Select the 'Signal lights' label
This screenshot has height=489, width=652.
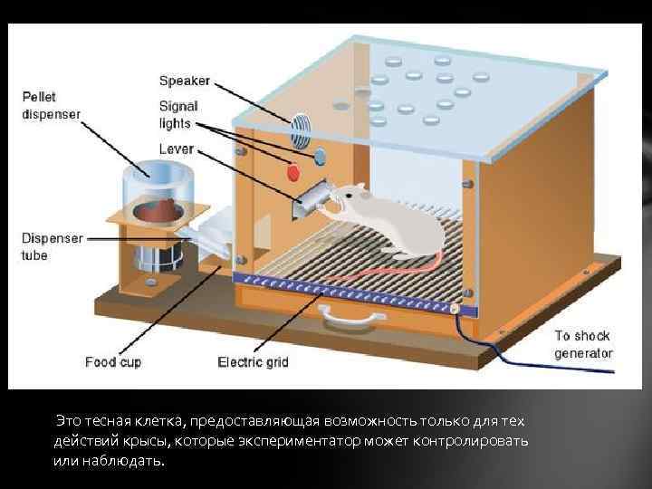tap(179, 114)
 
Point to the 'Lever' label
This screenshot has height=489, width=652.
tap(176, 148)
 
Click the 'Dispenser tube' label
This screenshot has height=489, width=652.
tap(53, 246)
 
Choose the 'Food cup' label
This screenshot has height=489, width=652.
tap(113, 362)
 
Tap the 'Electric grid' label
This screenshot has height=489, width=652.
tap(253, 362)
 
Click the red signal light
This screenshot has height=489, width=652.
tap(292, 171)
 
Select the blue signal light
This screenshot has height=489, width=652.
tap(319, 158)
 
